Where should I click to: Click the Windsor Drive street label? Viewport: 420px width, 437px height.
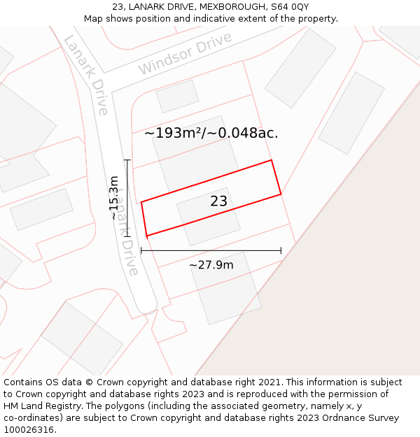(x=185, y=54)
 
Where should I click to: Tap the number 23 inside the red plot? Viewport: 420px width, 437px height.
(x=219, y=201)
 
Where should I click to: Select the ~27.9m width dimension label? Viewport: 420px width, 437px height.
(x=211, y=265)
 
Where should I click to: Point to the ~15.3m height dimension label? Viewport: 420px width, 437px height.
(x=114, y=198)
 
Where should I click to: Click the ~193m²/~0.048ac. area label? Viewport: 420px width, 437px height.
(x=211, y=133)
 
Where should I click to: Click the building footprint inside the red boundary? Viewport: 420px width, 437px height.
(x=209, y=216)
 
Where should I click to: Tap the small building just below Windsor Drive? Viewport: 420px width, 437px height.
(x=177, y=96)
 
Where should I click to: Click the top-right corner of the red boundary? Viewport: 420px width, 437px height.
(x=271, y=160)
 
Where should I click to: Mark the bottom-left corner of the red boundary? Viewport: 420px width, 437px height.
(x=147, y=236)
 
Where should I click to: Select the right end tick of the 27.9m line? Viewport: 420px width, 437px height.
(x=281, y=250)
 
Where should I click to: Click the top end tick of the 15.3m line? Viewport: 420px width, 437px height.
(x=127, y=161)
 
